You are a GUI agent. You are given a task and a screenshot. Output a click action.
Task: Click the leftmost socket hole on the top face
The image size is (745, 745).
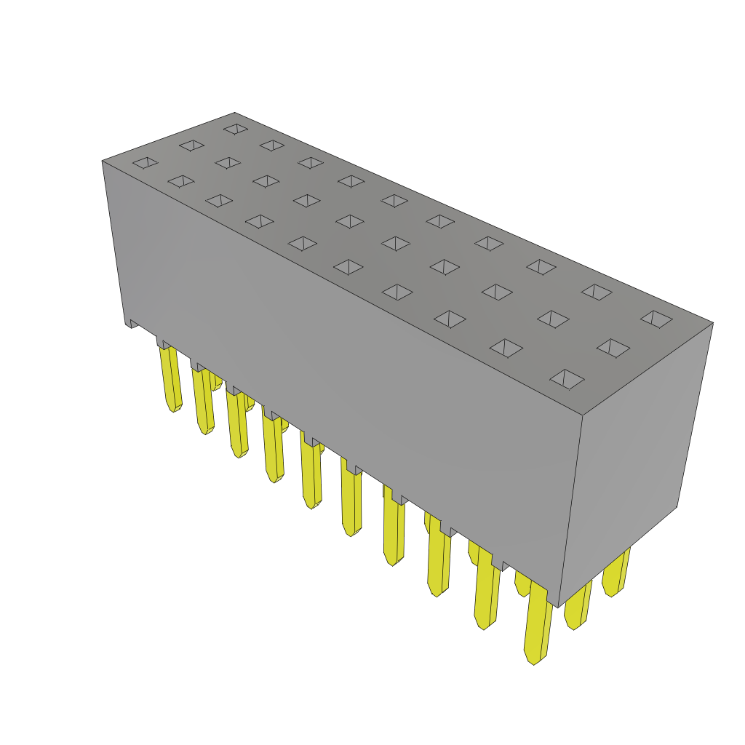tap(146, 162)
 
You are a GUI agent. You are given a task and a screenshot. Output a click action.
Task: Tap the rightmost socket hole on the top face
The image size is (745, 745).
tap(656, 319)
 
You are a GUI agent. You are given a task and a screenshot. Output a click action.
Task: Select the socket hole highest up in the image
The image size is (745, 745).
tap(236, 129)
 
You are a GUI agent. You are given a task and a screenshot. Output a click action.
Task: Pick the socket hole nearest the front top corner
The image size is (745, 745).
tap(567, 378)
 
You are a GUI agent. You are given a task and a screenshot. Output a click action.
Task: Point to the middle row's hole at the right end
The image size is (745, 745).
tap(613, 348)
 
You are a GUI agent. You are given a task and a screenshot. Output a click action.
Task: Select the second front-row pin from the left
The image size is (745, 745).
tap(203, 400)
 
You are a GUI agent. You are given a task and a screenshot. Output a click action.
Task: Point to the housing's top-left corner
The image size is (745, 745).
tap(103, 161)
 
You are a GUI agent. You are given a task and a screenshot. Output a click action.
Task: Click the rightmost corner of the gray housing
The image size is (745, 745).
tap(712, 323)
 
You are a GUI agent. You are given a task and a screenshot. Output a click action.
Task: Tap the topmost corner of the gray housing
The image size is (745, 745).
tap(234, 113)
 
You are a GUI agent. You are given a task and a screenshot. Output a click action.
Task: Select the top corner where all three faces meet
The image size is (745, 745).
tap(583, 415)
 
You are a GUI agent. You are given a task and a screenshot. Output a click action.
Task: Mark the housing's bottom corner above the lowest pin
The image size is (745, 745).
tap(558, 606)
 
